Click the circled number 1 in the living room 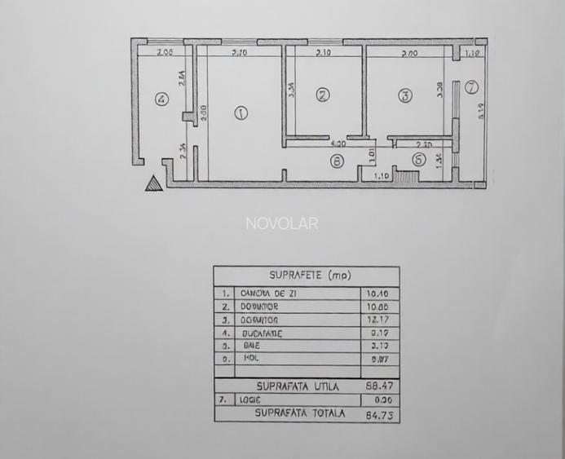tap(241, 113)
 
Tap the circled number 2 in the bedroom tap(323, 95)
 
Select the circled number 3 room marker tap(404, 95)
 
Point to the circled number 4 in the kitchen tap(161, 99)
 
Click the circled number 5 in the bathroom tap(417, 161)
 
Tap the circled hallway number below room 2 tap(337, 161)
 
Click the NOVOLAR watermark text tap(282, 223)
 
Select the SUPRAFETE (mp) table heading tap(306, 276)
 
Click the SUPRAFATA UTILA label tap(297, 386)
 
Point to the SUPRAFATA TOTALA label tap(299, 413)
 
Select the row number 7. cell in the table tap(224, 399)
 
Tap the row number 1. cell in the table tap(224, 292)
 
